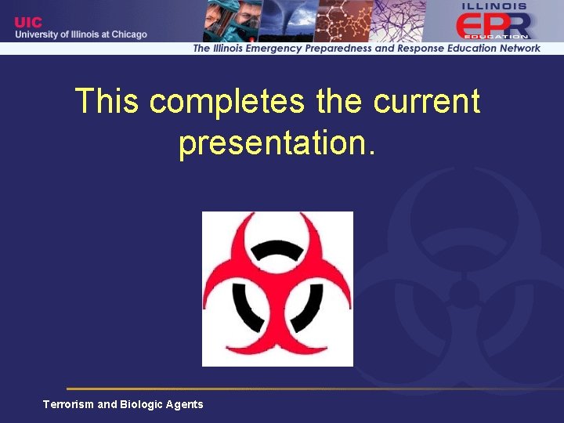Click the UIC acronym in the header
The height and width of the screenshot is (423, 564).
pyautogui.click(x=29, y=22)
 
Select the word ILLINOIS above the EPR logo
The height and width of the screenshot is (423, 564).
pyautogui.click(x=494, y=5)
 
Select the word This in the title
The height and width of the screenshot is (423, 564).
pyautogui.click(x=107, y=102)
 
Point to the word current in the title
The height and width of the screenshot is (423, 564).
pyautogui.click(x=427, y=102)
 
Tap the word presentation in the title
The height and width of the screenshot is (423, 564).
pyautogui.click(x=271, y=143)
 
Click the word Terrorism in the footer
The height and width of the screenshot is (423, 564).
pyautogui.click(x=68, y=404)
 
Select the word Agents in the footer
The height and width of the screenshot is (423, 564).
pyautogui.click(x=185, y=404)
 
